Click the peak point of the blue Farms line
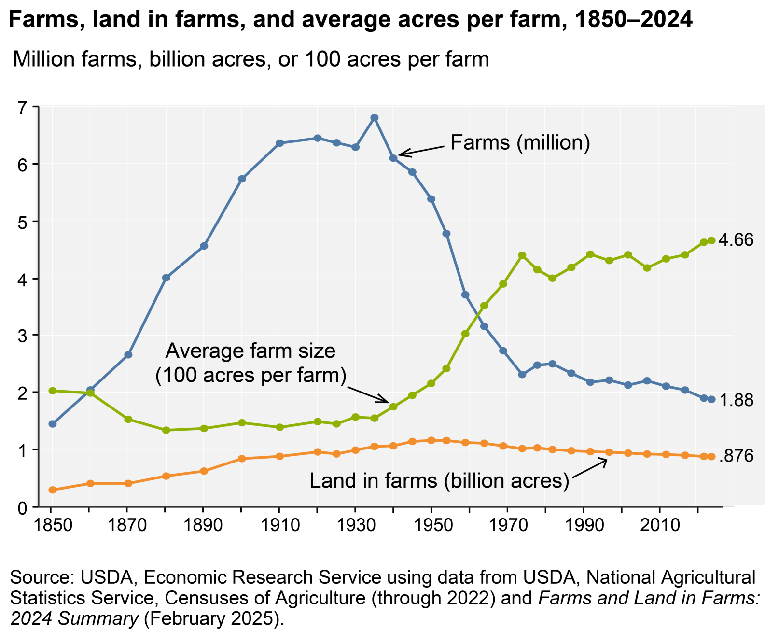tap(374, 118)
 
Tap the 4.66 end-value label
tap(736, 240)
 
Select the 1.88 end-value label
tap(736, 400)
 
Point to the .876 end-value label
tap(736, 456)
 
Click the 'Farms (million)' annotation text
tap(520, 143)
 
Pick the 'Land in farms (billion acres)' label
tap(439, 481)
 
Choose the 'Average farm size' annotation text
tap(250, 351)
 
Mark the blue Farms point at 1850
tap(53, 424)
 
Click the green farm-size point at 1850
tap(53, 391)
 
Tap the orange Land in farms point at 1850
tap(53, 490)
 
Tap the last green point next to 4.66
tap(711, 240)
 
